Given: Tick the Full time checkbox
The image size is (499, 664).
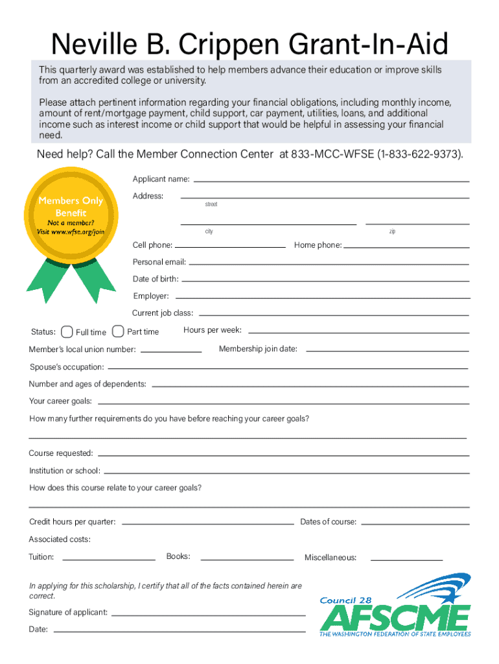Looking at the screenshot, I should (x=67, y=332).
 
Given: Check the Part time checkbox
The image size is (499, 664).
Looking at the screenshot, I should (x=118, y=331).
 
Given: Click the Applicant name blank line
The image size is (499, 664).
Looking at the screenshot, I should (x=331, y=180).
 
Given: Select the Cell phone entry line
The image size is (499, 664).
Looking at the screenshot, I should (x=230, y=247).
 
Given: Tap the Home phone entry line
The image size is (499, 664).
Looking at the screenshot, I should (x=406, y=247).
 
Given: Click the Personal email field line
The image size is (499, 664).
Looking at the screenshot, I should (x=329, y=264).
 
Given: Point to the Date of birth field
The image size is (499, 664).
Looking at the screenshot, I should (x=325, y=281).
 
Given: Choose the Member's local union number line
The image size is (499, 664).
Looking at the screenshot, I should (x=171, y=351).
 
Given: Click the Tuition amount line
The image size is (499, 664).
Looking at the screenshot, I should (x=109, y=559).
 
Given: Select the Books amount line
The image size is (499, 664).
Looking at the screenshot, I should (x=247, y=559).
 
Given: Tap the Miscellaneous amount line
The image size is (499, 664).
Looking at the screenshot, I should (x=406, y=559).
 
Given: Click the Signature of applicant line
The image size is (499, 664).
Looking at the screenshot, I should (x=209, y=614).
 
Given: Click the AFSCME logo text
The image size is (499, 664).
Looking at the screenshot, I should (x=395, y=617).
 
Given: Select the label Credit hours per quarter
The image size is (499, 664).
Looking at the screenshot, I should (x=73, y=522).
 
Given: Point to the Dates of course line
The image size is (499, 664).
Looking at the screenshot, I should (x=415, y=523).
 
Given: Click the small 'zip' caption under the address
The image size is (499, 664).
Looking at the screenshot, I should (x=393, y=232).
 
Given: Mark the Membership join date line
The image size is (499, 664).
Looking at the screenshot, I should (x=387, y=351).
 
